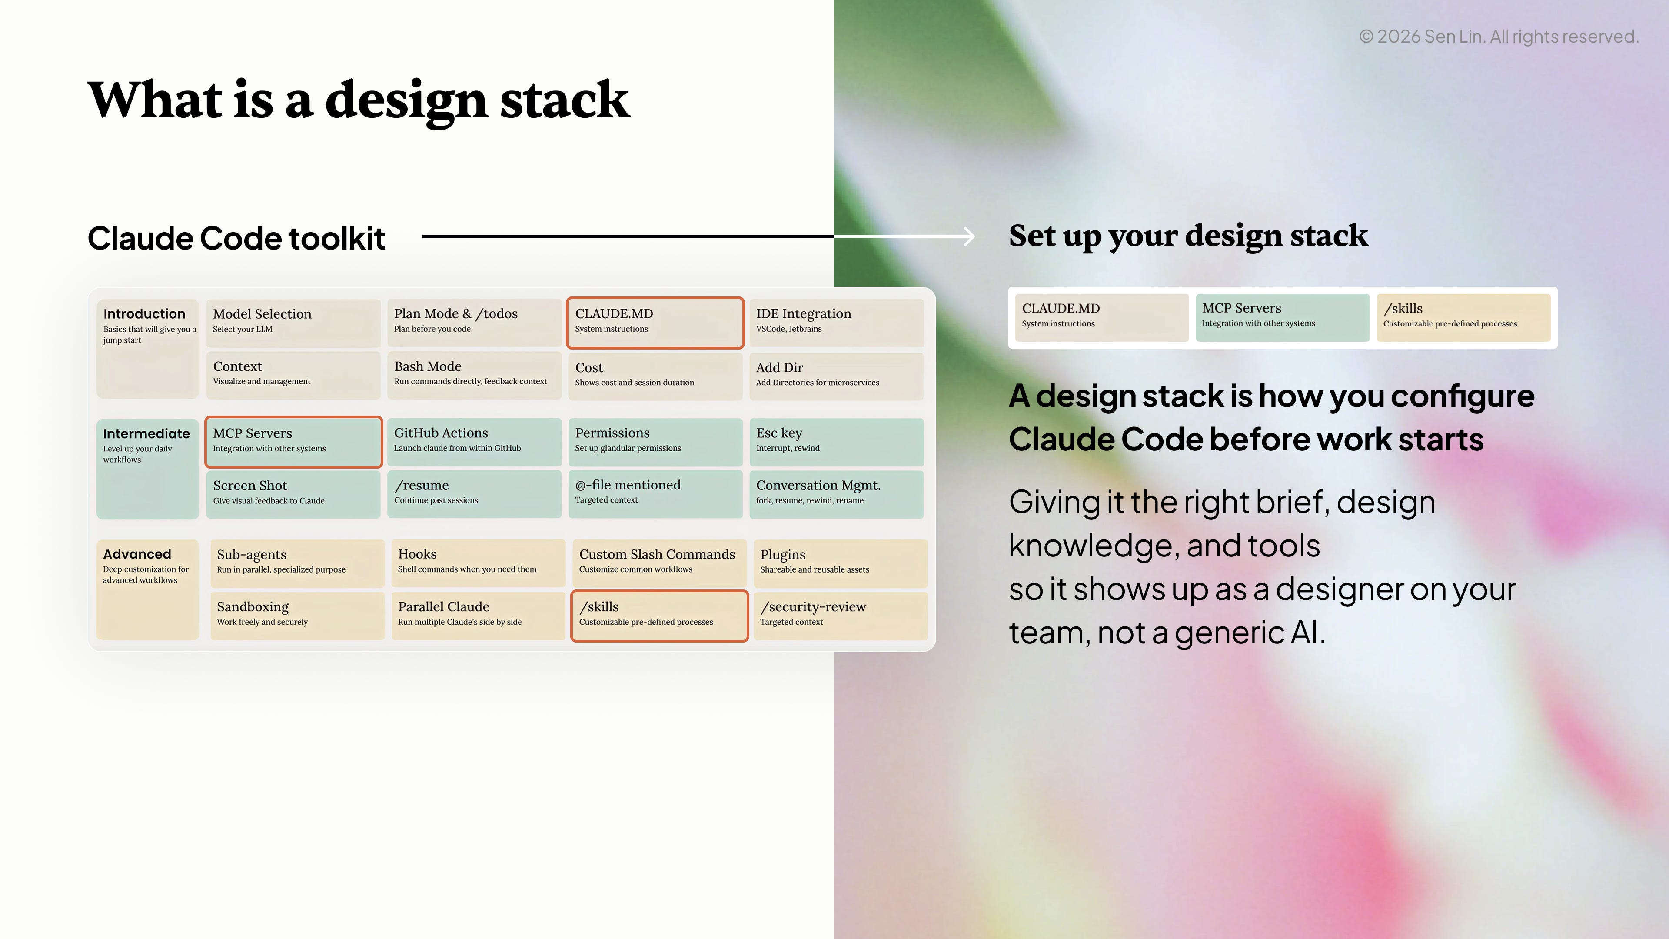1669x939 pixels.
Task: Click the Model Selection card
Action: (x=293, y=322)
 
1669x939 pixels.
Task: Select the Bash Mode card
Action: (x=474, y=375)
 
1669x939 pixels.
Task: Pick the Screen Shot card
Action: (x=293, y=494)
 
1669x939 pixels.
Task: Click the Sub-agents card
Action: (x=297, y=563)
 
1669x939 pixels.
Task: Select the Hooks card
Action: (x=478, y=563)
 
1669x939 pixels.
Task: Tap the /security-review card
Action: (x=840, y=616)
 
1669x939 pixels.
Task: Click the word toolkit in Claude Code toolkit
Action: (x=337, y=239)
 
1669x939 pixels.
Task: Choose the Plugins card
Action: (x=840, y=563)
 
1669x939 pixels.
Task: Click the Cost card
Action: (x=655, y=376)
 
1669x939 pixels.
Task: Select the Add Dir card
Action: (x=836, y=376)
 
